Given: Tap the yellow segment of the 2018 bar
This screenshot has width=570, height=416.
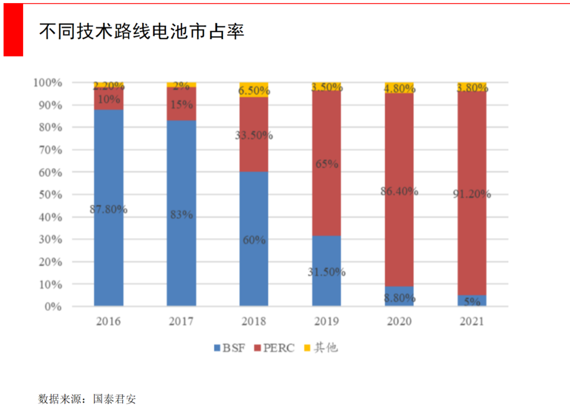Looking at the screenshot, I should point(254,90).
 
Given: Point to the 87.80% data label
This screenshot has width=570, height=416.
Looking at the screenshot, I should point(109,209).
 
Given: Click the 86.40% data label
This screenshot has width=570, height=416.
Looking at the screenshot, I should point(399,191).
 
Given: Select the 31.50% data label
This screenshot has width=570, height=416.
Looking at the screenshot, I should point(326,272).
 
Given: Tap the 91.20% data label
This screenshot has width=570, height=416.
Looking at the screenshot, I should point(471,194).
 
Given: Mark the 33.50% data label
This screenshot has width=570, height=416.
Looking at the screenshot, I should point(254,136).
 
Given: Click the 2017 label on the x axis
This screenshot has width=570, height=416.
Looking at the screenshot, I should point(181,322).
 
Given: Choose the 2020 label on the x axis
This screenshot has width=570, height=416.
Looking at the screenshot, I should point(399,322).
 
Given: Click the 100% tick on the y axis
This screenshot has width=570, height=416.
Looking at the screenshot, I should point(49,83).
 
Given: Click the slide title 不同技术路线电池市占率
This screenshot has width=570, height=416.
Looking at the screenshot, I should point(141,31).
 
